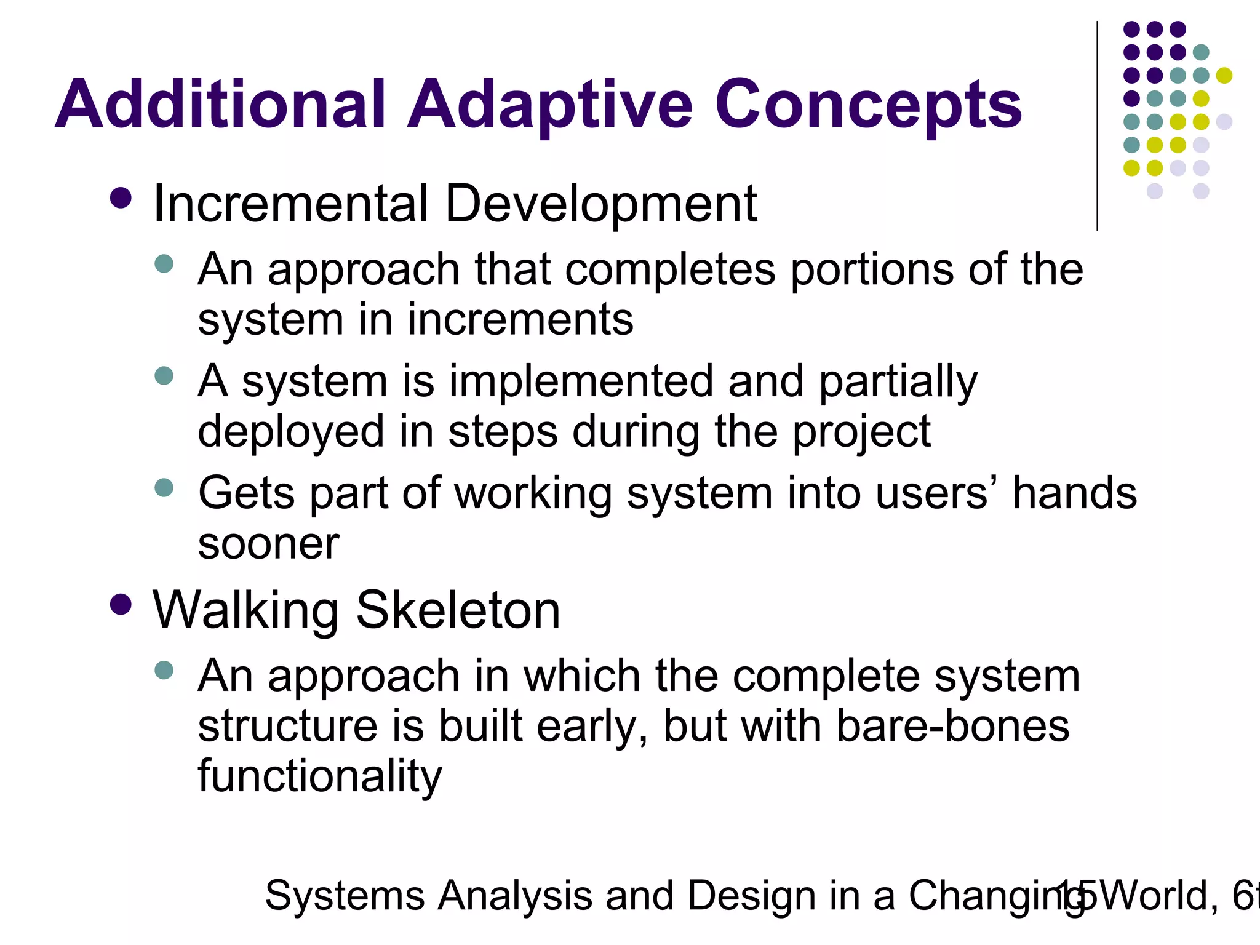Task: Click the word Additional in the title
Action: point(220,105)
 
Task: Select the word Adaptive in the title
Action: point(549,105)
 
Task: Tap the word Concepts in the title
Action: point(867,105)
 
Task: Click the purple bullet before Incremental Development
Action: point(121,199)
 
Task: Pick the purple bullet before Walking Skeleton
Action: point(121,604)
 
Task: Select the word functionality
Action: point(319,776)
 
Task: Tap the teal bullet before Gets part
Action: point(164,488)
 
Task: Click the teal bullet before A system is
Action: point(164,375)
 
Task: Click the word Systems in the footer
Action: point(345,895)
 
